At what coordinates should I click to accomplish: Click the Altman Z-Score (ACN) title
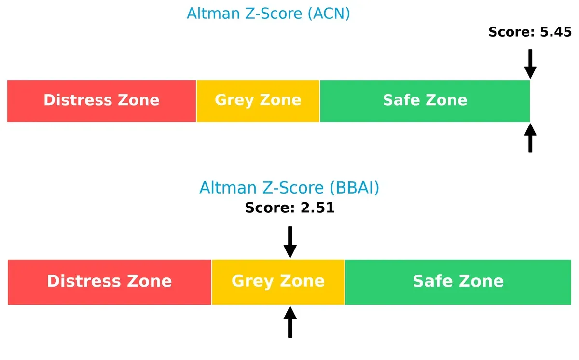click(268, 14)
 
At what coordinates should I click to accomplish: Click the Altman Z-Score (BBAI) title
click(289, 188)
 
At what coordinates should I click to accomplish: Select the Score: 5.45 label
click(530, 32)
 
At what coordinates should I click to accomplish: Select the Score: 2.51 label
click(289, 208)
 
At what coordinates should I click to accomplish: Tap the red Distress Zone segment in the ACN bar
click(101, 101)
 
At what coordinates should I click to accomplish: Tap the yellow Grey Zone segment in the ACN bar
click(258, 101)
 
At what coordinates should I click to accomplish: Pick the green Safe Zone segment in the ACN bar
click(425, 101)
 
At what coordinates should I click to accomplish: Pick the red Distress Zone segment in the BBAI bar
click(109, 282)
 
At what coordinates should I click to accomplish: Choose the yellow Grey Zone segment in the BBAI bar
click(278, 282)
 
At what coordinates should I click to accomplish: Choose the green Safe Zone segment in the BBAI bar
click(458, 282)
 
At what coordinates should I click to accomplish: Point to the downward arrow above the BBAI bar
click(290, 242)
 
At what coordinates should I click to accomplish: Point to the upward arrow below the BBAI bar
click(290, 322)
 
